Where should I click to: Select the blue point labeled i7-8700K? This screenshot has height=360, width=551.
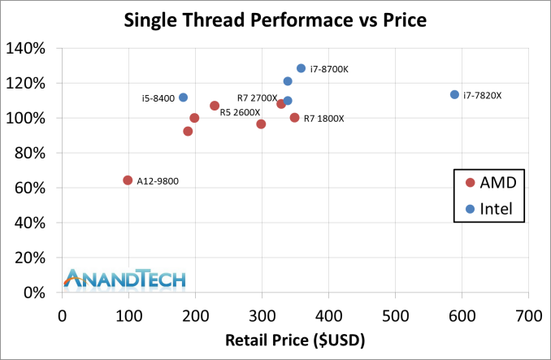pyautogui.click(x=301, y=68)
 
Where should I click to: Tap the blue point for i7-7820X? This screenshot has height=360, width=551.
pyautogui.click(x=454, y=94)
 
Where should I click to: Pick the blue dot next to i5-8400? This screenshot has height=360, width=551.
pyautogui.click(x=183, y=98)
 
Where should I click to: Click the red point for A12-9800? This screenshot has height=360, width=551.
pyautogui.click(x=128, y=180)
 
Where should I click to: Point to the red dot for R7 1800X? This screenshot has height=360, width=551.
pyautogui.click(x=294, y=118)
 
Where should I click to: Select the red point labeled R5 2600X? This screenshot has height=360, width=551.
pyautogui.click(x=215, y=106)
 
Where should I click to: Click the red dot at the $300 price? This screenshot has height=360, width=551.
pyautogui.click(x=261, y=124)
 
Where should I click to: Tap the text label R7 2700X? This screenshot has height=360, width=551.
pyautogui.click(x=257, y=98)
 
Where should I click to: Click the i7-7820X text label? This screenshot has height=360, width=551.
pyautogui.click(x=483, y=95)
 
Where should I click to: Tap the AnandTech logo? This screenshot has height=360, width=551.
pyautogui.click(x=125, y=278)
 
